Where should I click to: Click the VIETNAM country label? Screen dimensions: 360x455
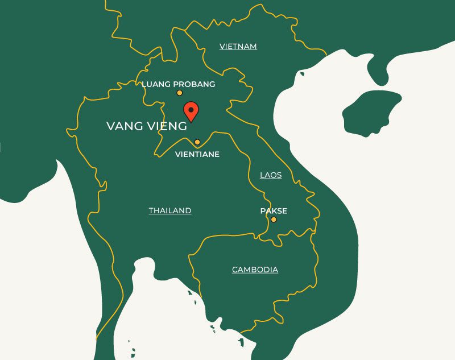238,47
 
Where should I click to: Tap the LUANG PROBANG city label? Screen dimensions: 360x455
178,84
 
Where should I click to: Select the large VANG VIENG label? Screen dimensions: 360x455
146,126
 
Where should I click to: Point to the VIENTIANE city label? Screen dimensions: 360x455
197,154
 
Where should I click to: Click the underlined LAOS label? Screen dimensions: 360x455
271,175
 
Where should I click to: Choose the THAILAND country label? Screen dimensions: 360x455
170,211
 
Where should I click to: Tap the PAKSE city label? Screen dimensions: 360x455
274,211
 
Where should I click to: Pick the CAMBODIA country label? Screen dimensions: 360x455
255,270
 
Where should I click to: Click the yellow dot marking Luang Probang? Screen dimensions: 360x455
179,93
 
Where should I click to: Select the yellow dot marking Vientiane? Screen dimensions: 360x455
197,142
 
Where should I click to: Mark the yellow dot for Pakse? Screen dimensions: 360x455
274,220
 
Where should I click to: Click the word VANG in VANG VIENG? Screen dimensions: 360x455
122,126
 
